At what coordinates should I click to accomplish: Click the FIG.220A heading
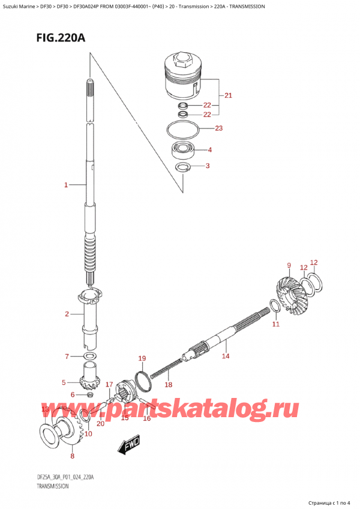click(61, 38)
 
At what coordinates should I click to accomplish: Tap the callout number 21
click(228, 95)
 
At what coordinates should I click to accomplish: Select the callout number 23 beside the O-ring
click(219, 128)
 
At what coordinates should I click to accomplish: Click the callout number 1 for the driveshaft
click(66, 185)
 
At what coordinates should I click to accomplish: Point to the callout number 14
click(226, 356)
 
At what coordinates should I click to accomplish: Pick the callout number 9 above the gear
click(289, 265)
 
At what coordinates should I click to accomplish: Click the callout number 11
click(275, 324)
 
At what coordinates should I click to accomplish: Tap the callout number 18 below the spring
click(168, 385)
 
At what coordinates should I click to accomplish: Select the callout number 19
click(142, 358)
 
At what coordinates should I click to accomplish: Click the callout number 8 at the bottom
click(72, 456)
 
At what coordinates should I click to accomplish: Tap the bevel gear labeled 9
click(290, 295)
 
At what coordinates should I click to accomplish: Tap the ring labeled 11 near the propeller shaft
click(274, 307)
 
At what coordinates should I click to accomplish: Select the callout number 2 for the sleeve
click(67, 314)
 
